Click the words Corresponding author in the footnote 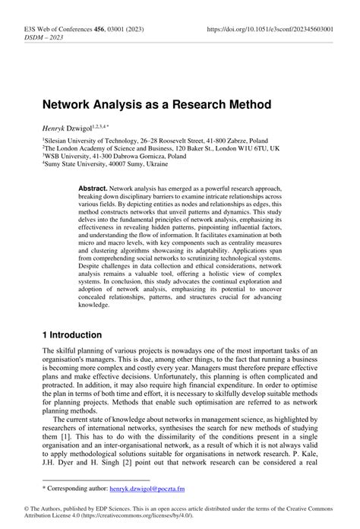(84, 486)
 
